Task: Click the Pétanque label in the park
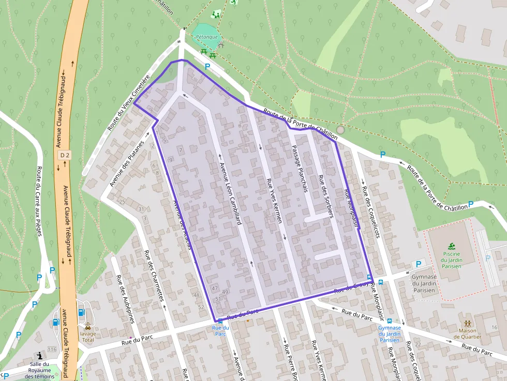point(206,37)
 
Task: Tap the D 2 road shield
point(64,155)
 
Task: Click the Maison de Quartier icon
point(467,323)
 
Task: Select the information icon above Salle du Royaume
point(40,356)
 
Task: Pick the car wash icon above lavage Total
point(87,326)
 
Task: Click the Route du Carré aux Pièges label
point(45,202)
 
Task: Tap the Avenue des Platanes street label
point(126,163)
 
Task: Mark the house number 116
point(52,350)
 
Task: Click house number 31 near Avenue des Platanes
point(141,209)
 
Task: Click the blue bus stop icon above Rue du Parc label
point(220,321)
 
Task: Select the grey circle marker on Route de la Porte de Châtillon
point(340,130)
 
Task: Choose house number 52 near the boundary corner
point(201,307)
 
